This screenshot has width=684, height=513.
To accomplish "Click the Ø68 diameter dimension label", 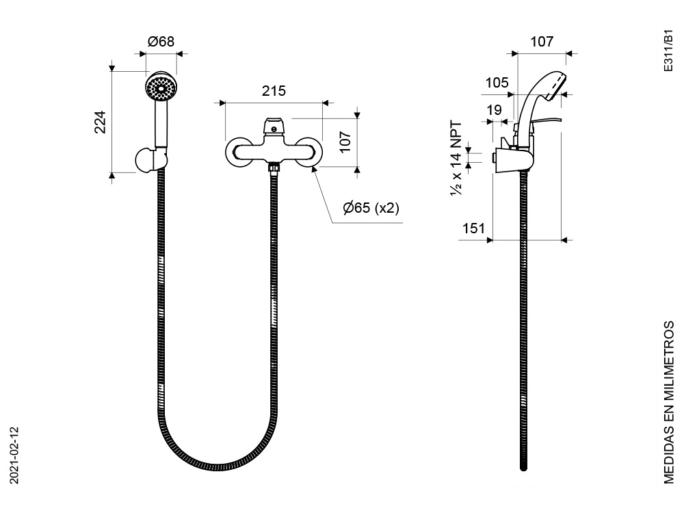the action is coord(161,42).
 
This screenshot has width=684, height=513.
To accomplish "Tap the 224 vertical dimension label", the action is coord(101,122).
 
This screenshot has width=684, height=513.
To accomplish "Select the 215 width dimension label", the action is coord(274,91).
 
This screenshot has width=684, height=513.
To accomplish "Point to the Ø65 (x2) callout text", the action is coord(371,208).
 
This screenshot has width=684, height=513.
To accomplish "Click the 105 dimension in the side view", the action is coord(497,83).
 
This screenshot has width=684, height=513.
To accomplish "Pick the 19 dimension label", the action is coord(495,110).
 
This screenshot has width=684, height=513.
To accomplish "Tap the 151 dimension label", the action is coord(473,228).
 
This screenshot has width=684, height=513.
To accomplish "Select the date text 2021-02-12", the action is coord(14,455).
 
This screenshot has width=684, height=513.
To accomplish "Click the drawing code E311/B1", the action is coord(668,51).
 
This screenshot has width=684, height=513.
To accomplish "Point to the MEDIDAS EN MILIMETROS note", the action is coord(669,402).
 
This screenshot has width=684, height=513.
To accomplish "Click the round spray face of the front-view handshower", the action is coord(161,87).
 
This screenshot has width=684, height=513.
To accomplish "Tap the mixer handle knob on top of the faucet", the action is coord(274,126).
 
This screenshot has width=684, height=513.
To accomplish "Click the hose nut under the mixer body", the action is coord(274,167).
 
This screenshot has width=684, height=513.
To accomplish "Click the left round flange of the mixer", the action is coord(238,153).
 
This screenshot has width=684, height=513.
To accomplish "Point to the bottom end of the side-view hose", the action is coord(523,469).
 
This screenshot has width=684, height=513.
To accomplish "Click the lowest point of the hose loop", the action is coord(217,468).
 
